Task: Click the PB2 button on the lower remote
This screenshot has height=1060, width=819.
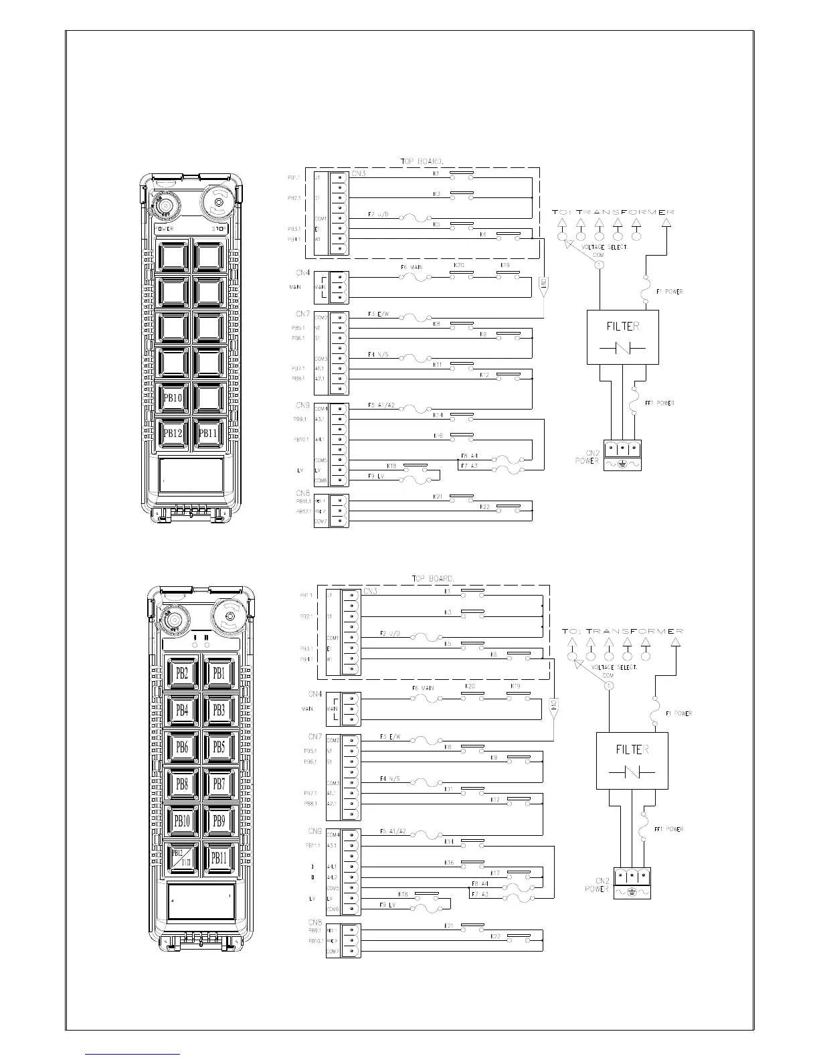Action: click(x=182, y=673)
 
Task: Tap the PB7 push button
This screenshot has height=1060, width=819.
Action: click(x=219, y=784)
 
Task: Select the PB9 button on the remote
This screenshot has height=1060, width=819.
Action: click(x=219, y=820)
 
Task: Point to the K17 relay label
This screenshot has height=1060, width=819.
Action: click(x=495, y=873)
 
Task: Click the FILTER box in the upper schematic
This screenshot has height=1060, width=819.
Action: click(x=622, y=337)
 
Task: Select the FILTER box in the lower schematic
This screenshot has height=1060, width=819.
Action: click(x=632, y=760)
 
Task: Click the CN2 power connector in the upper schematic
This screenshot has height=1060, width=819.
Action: click(x=622, y=456)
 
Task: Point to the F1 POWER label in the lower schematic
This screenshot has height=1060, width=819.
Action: click(x=678, y=713)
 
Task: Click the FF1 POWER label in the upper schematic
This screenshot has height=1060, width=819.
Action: click(x=659, y=403)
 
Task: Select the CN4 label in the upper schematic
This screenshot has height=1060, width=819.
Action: click(x=303, y=273)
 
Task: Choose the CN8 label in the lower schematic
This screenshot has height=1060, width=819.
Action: click(x=315, y=922)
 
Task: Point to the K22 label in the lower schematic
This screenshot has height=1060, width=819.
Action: click(x=495, y=936)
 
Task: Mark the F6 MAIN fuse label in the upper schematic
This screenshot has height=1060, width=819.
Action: click(x=412, y=267)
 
